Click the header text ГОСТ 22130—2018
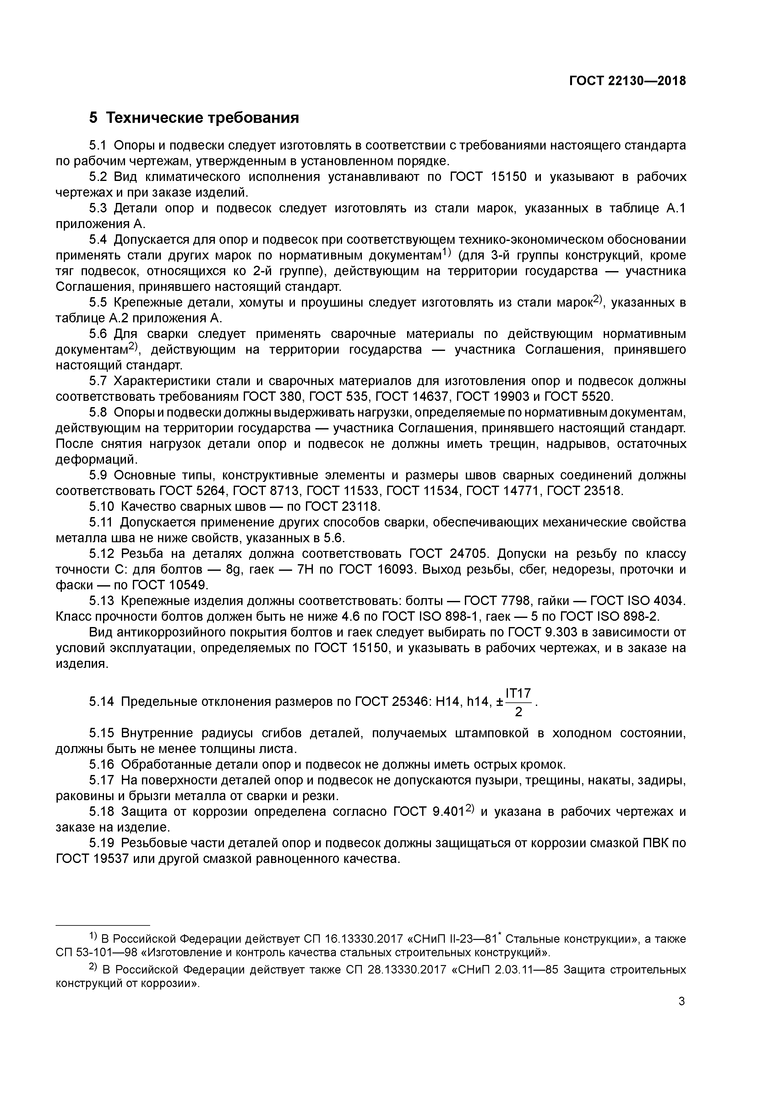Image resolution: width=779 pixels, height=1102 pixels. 627,81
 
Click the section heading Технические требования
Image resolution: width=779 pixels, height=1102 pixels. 202,117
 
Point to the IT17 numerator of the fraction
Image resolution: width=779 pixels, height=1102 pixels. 518,693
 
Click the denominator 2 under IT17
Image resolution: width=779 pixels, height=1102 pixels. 518,712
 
